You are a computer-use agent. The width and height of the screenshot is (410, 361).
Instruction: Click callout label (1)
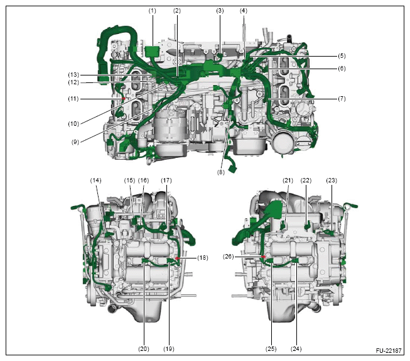click(x=151, y=11)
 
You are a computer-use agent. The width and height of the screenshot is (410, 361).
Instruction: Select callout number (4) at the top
click(x=244, y=11)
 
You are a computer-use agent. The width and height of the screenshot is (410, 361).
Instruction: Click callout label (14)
click(x=96, y=181)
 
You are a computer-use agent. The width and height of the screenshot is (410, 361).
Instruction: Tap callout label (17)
click(x=166, y=181)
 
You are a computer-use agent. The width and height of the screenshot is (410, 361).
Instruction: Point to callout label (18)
click(x=203, y=258)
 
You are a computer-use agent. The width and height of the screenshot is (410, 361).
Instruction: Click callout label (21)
click(x=288, y=181)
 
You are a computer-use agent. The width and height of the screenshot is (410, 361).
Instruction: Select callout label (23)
click(x=332, y=181)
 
